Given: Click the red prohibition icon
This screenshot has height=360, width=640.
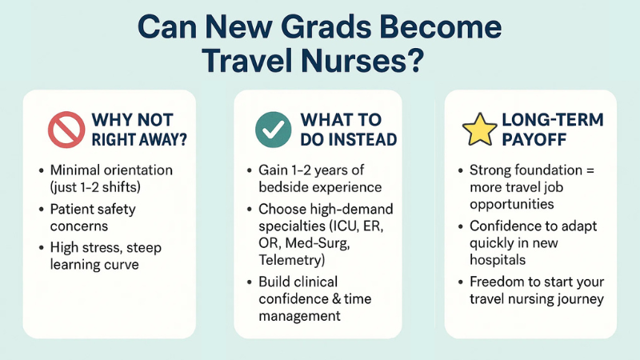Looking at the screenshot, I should tap(66, 129).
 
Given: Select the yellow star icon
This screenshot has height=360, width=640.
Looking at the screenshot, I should tap(480, 129).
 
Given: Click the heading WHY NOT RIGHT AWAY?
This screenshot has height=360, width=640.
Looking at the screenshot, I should tap(132, 130).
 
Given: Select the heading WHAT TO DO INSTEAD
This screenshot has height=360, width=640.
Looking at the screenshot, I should tap(348, 130).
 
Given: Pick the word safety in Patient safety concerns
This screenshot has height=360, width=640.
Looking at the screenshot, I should tap(116, 209).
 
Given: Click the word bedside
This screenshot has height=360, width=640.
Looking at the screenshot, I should tap(284, 186).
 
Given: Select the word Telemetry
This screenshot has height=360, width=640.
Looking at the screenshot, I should tap(291, 260).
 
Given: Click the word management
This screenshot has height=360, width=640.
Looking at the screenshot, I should tap(301, 316).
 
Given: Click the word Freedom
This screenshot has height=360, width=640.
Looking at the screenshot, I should tap(495, 283).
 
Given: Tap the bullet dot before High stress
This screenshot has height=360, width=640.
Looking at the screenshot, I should tap(40, 248).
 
